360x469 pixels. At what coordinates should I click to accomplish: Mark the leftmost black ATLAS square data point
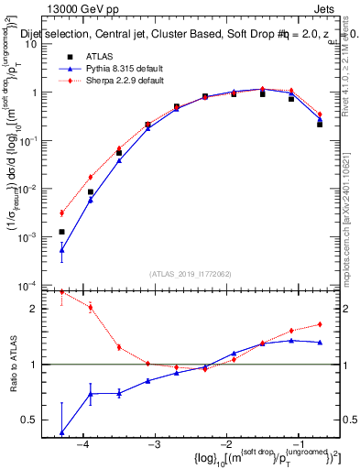pos(61,232)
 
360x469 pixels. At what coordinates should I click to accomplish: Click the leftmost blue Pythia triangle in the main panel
pos(61,249)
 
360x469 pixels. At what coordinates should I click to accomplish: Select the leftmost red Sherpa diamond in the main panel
pos(61,213)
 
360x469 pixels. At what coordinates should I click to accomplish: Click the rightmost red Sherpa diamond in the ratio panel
pos(320,324)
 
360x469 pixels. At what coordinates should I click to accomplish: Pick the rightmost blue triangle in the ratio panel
pos(320,343)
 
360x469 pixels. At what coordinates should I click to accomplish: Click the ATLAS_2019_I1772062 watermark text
pos(191,274)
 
